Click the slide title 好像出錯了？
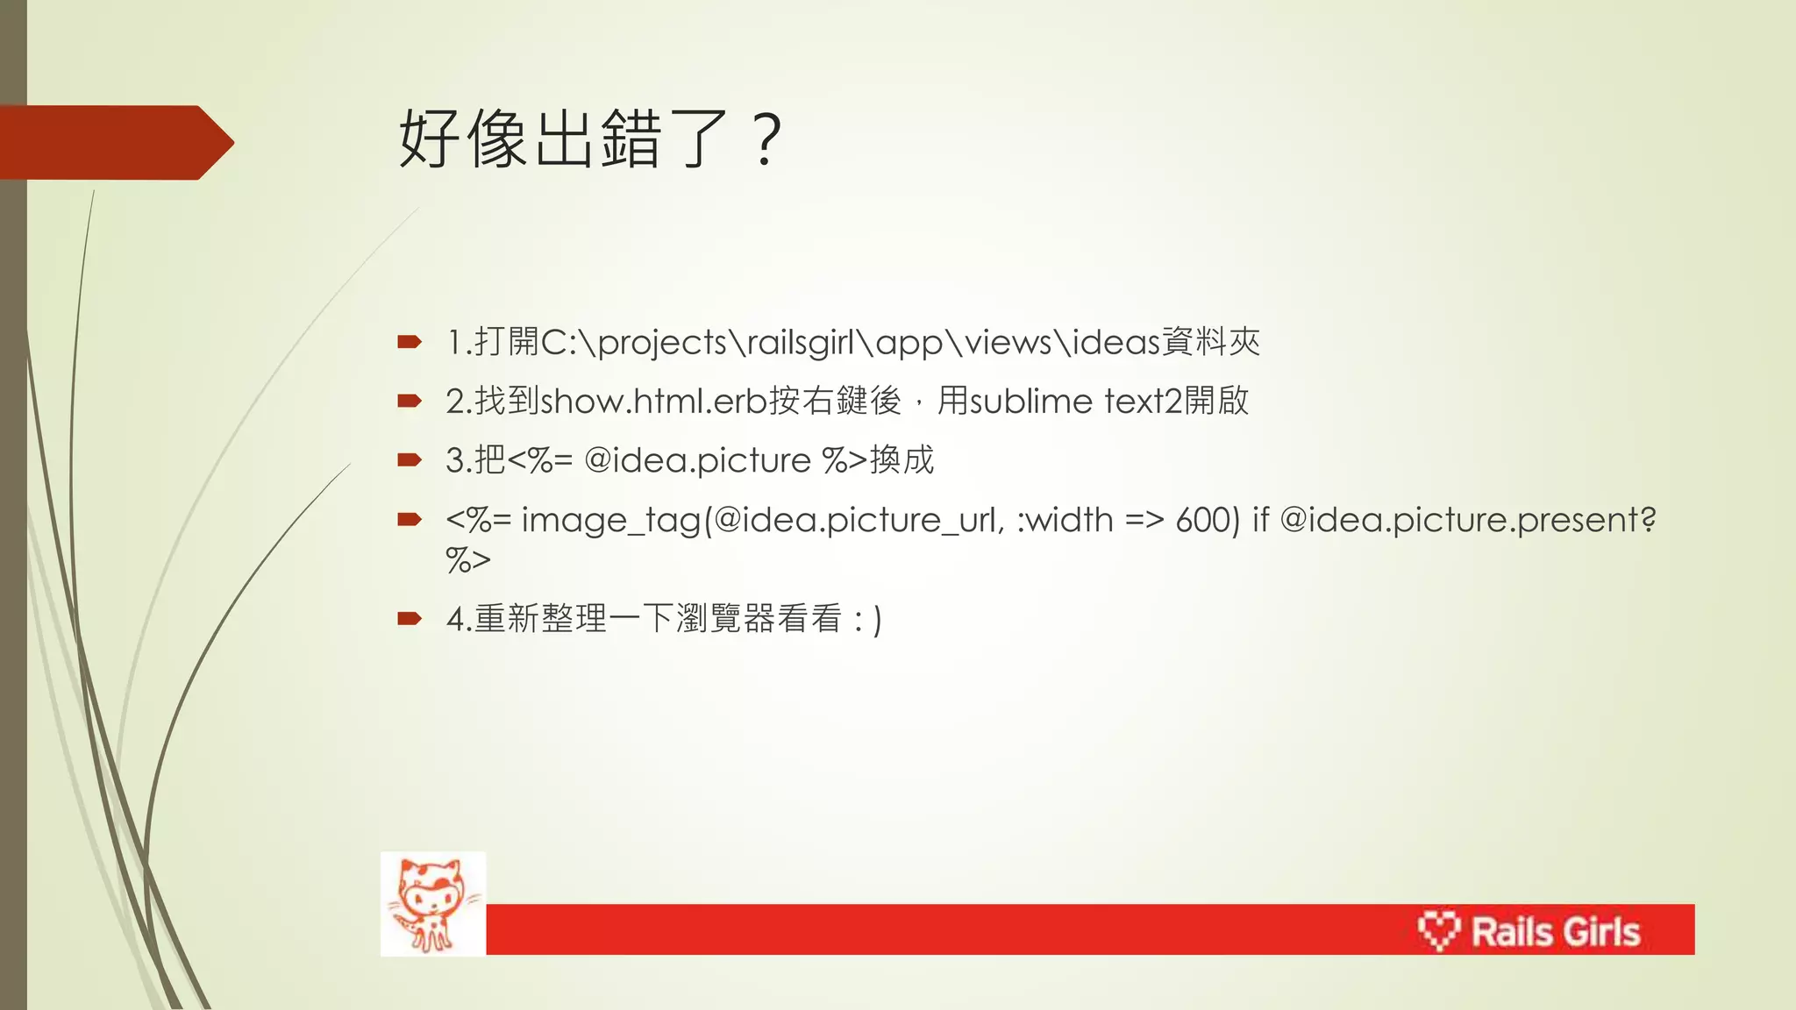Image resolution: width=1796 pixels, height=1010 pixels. tap(589, 139)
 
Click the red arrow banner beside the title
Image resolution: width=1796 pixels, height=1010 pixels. tap(114, 142)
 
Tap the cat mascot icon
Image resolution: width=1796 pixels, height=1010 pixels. tap(432, 904)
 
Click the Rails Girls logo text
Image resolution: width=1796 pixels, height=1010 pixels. tap(1555, 931)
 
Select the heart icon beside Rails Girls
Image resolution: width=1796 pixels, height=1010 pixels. tap(1438, 930)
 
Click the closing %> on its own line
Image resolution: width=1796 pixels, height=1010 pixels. tap(467, 559)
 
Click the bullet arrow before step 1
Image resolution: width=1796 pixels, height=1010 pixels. tap(410, 342)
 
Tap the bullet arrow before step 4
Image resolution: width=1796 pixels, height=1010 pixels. tap(410, 619)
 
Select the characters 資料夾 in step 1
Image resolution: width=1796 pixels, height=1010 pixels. tap(1211, 342)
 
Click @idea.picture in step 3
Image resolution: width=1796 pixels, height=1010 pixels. tap(697, 460)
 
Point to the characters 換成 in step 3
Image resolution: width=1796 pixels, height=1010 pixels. tap(902, 460)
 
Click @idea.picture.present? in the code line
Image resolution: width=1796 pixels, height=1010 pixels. tap(1467, 520)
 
